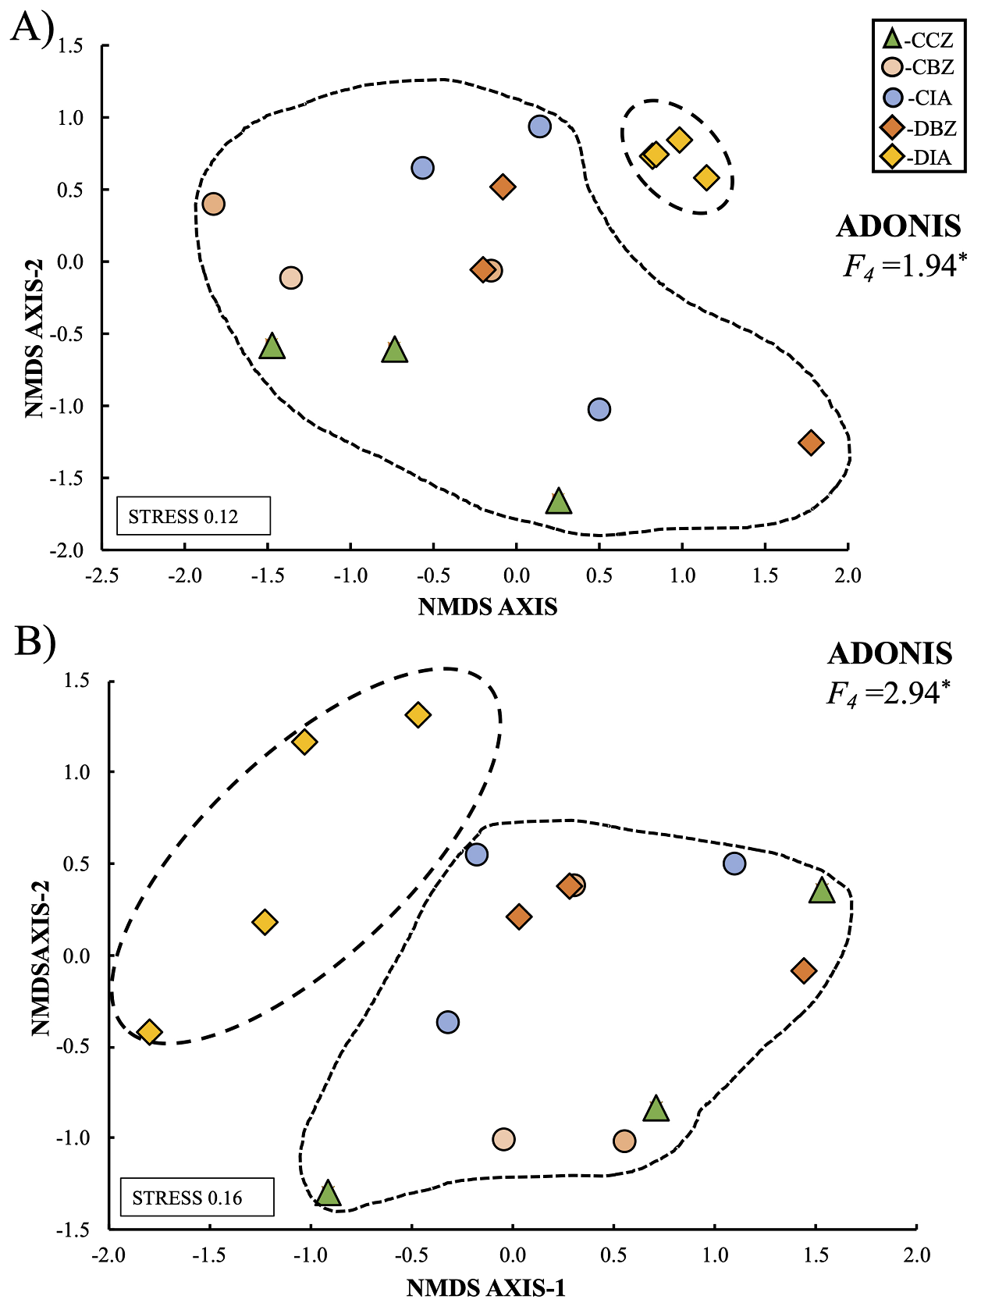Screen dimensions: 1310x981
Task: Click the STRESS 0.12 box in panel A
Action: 193,516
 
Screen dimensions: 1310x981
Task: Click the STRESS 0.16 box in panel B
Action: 197,1198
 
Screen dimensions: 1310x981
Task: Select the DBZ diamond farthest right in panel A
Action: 811,443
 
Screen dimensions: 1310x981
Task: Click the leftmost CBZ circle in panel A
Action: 213,204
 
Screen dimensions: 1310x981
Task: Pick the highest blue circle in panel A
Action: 539,126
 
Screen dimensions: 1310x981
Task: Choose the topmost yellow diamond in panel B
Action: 418,715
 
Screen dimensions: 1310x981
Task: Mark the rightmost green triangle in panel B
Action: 821,891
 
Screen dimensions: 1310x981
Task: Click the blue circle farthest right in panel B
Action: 734,863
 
